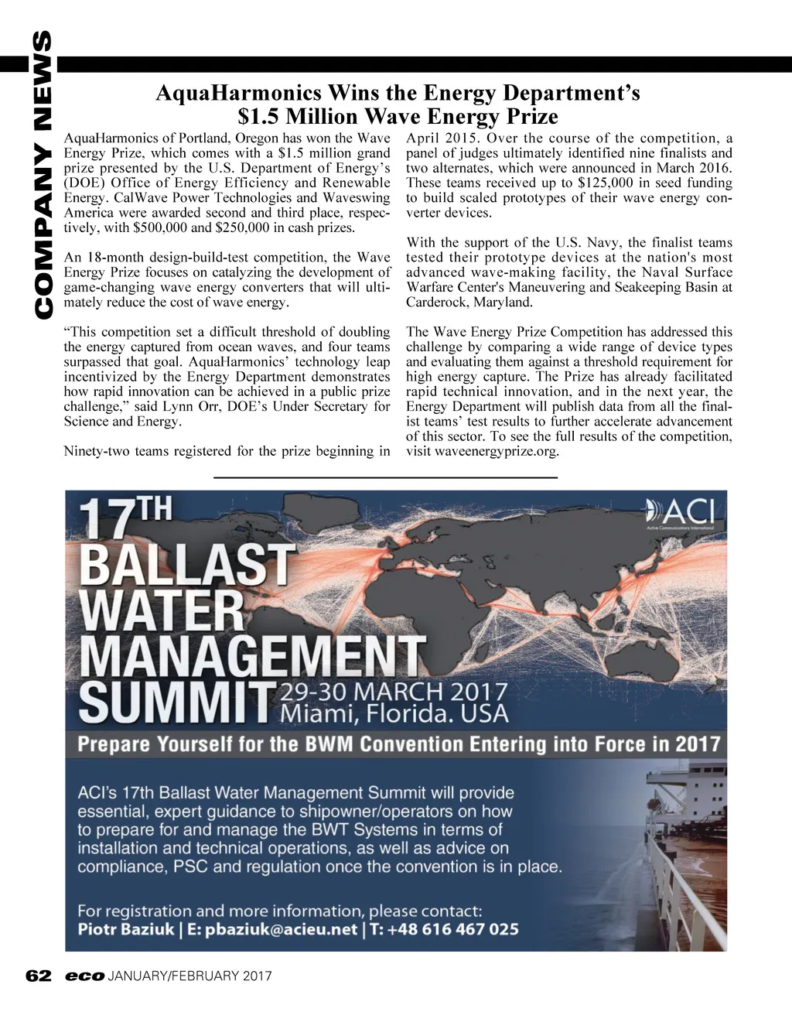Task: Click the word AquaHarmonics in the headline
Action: click(x=238, y=94)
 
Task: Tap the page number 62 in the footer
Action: click(x=38, y=976)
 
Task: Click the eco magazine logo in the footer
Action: click(x=84, y=976)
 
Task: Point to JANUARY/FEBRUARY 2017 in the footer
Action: click(x=190, y=976)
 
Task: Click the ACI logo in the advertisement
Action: click(x=685, y=512)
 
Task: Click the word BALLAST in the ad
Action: click(x=187, y=565)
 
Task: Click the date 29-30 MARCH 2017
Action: click(x=394, y=691)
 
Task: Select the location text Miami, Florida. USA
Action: click(x=394, y=713)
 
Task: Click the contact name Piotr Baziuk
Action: click(x=126, y=929)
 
